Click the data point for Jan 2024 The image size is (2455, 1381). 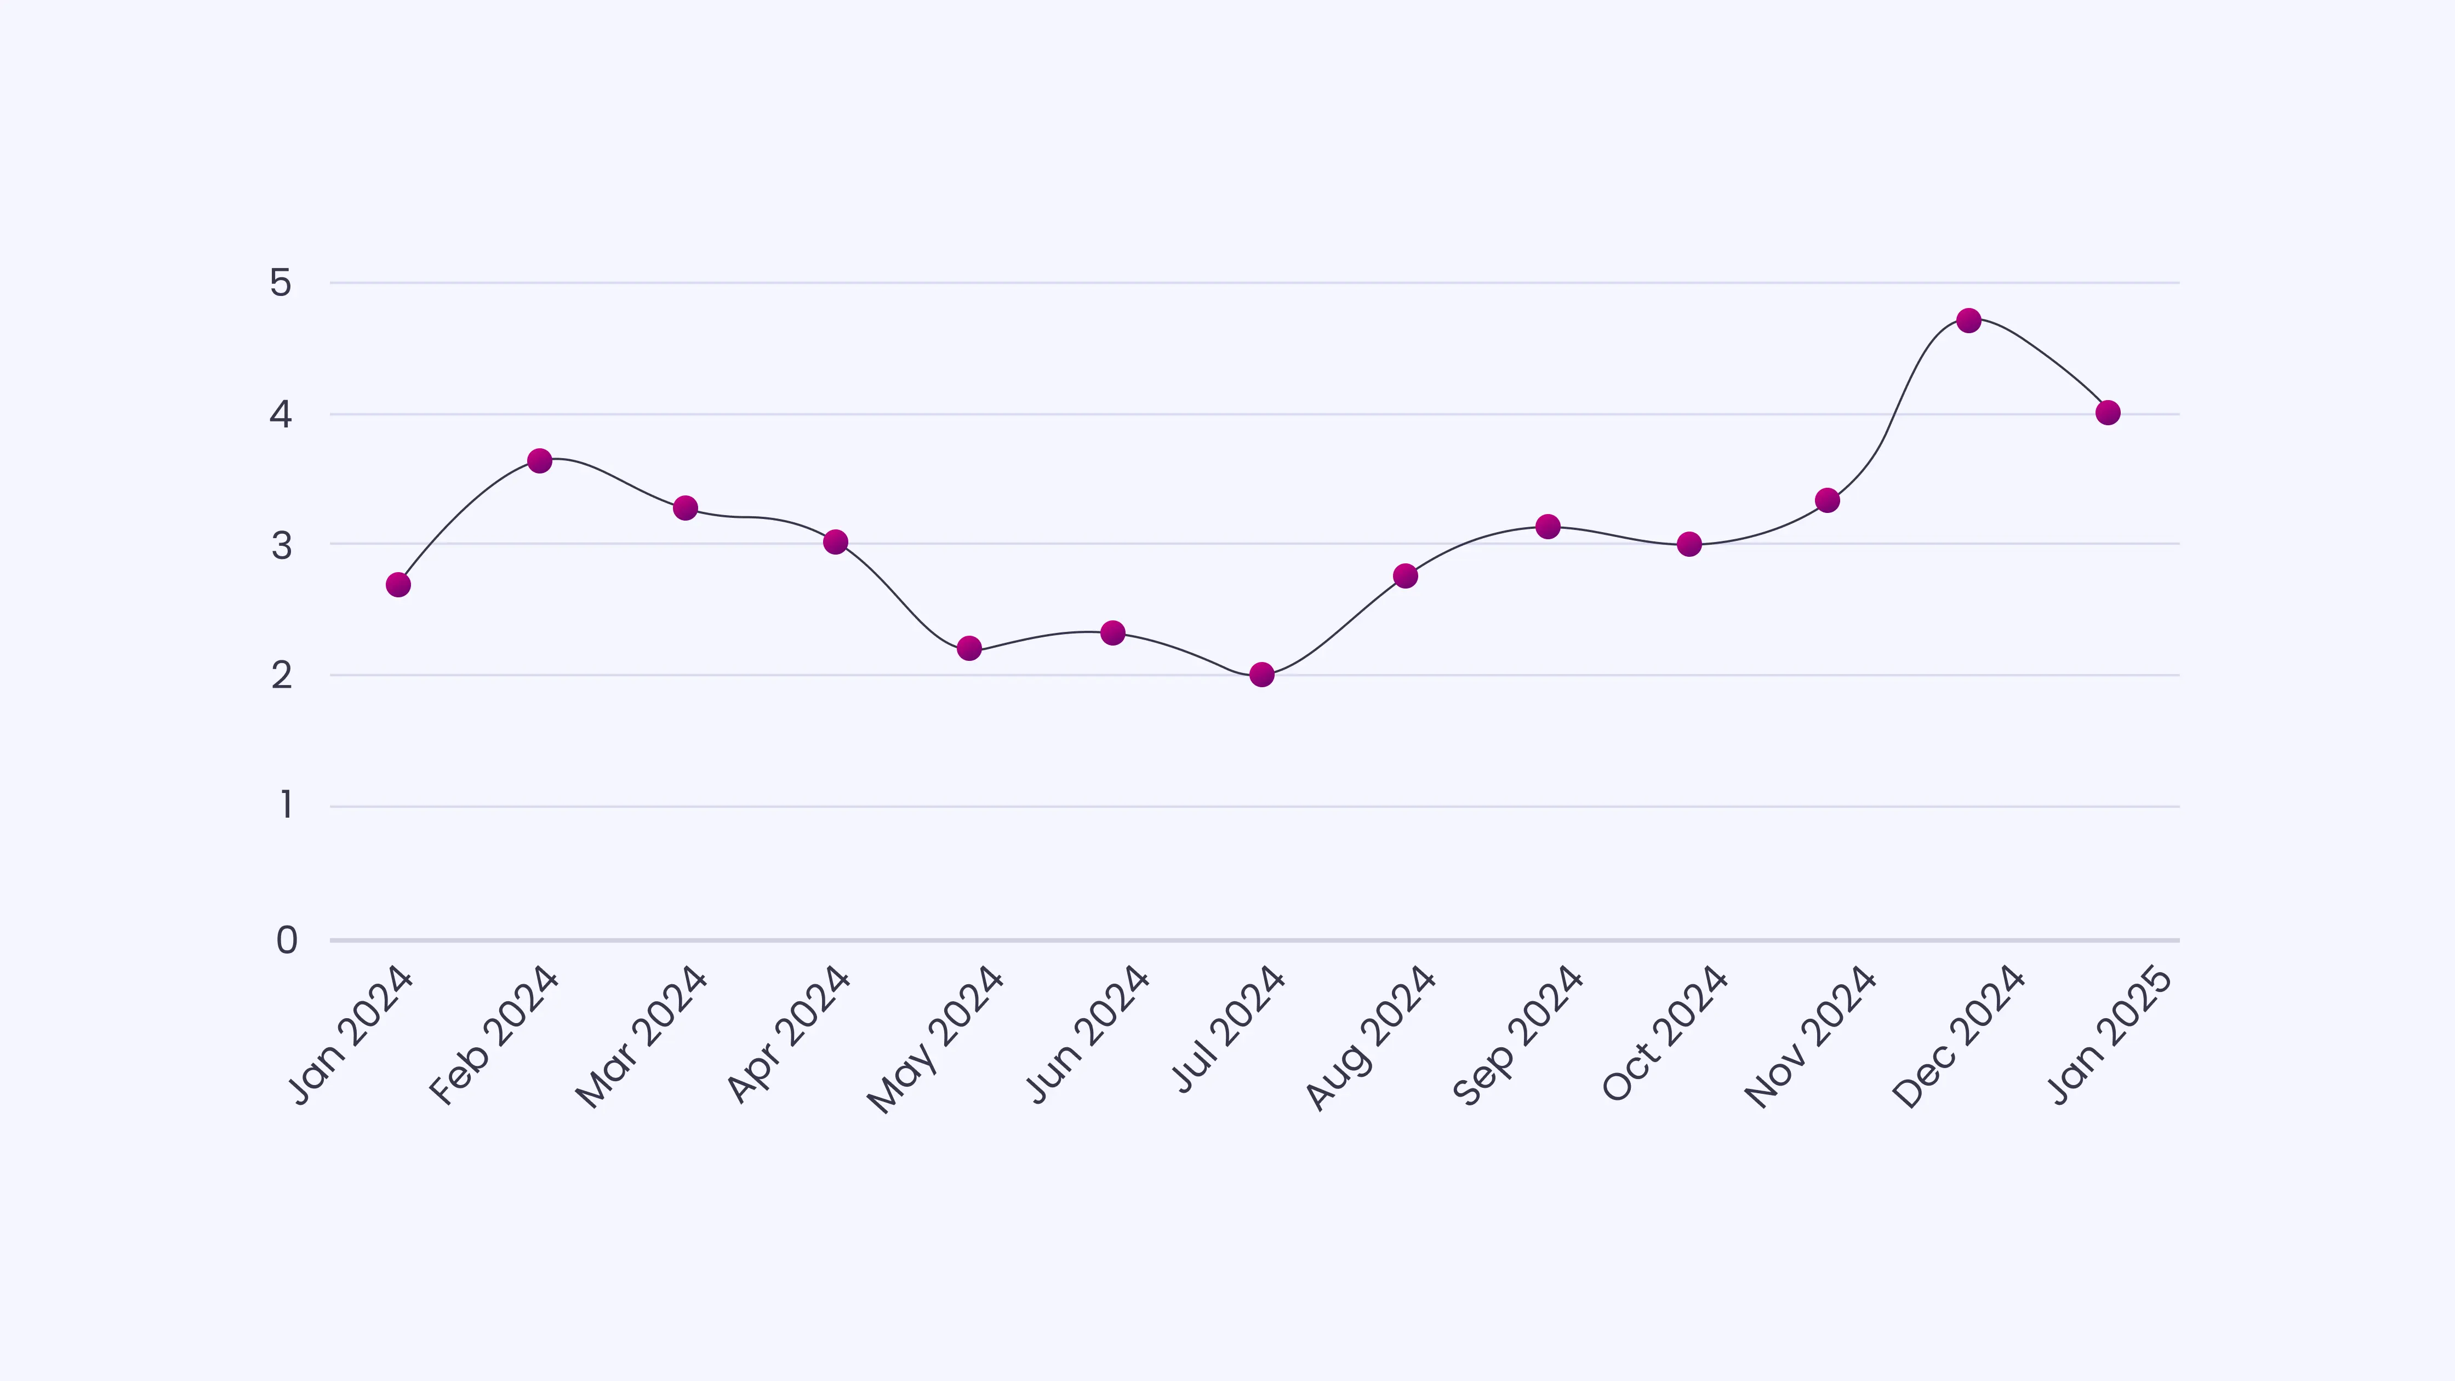(398, 584)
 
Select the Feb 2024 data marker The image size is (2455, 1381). (539, 460)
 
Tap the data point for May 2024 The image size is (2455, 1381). (969, 648)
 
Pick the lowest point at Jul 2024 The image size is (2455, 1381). (1262, 675)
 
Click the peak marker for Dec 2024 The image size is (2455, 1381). (1969, 320)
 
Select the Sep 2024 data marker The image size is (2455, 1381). (1548, 526)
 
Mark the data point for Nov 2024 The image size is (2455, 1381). (1827, 500)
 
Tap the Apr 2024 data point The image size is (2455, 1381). (836, 541)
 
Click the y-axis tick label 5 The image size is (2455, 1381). (280, 283)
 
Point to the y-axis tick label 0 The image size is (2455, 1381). (286, 941)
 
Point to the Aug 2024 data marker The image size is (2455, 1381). (1405, 575)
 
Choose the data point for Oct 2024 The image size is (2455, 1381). (1689, 544)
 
